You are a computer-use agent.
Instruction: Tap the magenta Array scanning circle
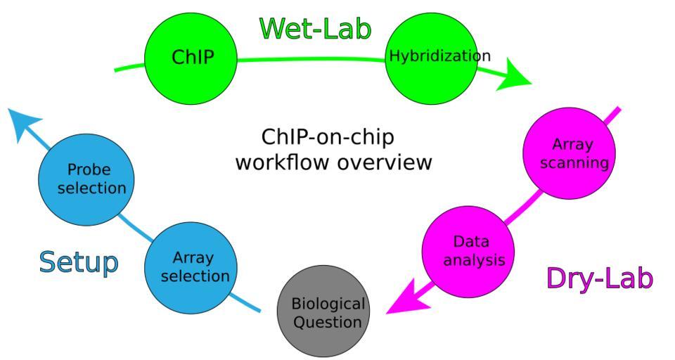(x=570, y=153)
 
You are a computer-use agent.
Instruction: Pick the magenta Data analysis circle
(x=468, y=251)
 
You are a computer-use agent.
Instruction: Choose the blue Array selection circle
(x=191, y=267)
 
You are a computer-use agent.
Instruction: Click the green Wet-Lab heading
(x=315, y=28)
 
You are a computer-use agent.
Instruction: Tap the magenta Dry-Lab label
(x=599, y=278)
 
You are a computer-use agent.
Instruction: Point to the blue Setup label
(x=78, y=262)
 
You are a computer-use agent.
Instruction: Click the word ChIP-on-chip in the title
(x=327, y=136)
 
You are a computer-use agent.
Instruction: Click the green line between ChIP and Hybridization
(x=309, y=60)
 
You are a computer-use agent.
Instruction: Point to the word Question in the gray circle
(x=328, y=323)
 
